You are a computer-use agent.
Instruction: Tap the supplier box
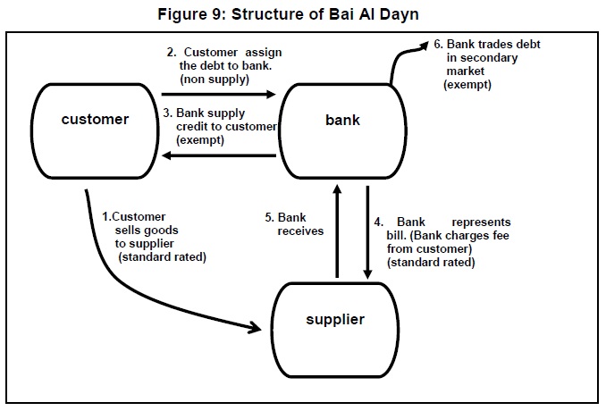pos(336,319)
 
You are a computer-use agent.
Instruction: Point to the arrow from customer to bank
pos(219,91)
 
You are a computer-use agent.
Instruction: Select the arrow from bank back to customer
pos(219,155)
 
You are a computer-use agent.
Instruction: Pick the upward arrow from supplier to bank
pos(336,232)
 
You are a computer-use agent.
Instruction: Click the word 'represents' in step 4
pos(481,221)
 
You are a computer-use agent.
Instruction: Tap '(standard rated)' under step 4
pos(431,263)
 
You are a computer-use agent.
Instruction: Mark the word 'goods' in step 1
pos(168,230)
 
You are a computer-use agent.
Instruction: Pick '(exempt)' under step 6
pos(467,84)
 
